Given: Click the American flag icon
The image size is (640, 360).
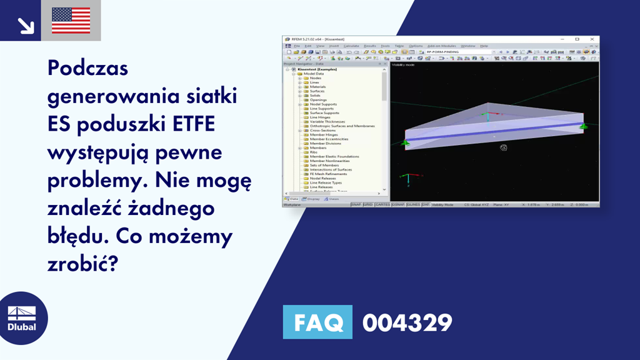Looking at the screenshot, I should point(71,21).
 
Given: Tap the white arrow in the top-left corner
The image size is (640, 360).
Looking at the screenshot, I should point(26,24).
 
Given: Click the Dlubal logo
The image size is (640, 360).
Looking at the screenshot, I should point(22,319).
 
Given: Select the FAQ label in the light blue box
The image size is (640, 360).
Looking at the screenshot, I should point(317,322).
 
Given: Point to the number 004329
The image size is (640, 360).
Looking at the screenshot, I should point(407,322).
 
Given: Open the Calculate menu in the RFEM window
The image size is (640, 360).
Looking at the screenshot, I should point(351,46).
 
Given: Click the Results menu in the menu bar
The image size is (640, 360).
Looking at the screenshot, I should point(370,46).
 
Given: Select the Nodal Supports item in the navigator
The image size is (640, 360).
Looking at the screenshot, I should point(323,104).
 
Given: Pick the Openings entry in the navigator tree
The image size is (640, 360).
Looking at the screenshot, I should point(318,100).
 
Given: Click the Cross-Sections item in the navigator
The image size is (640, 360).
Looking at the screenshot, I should point(322,131).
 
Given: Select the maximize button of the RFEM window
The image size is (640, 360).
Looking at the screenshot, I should point(577,39).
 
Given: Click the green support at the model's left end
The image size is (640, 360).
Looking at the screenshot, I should point(405,143).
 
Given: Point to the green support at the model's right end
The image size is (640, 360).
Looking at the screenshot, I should point(582,126).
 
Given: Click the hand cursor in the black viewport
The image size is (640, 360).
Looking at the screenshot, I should point(503,147).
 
